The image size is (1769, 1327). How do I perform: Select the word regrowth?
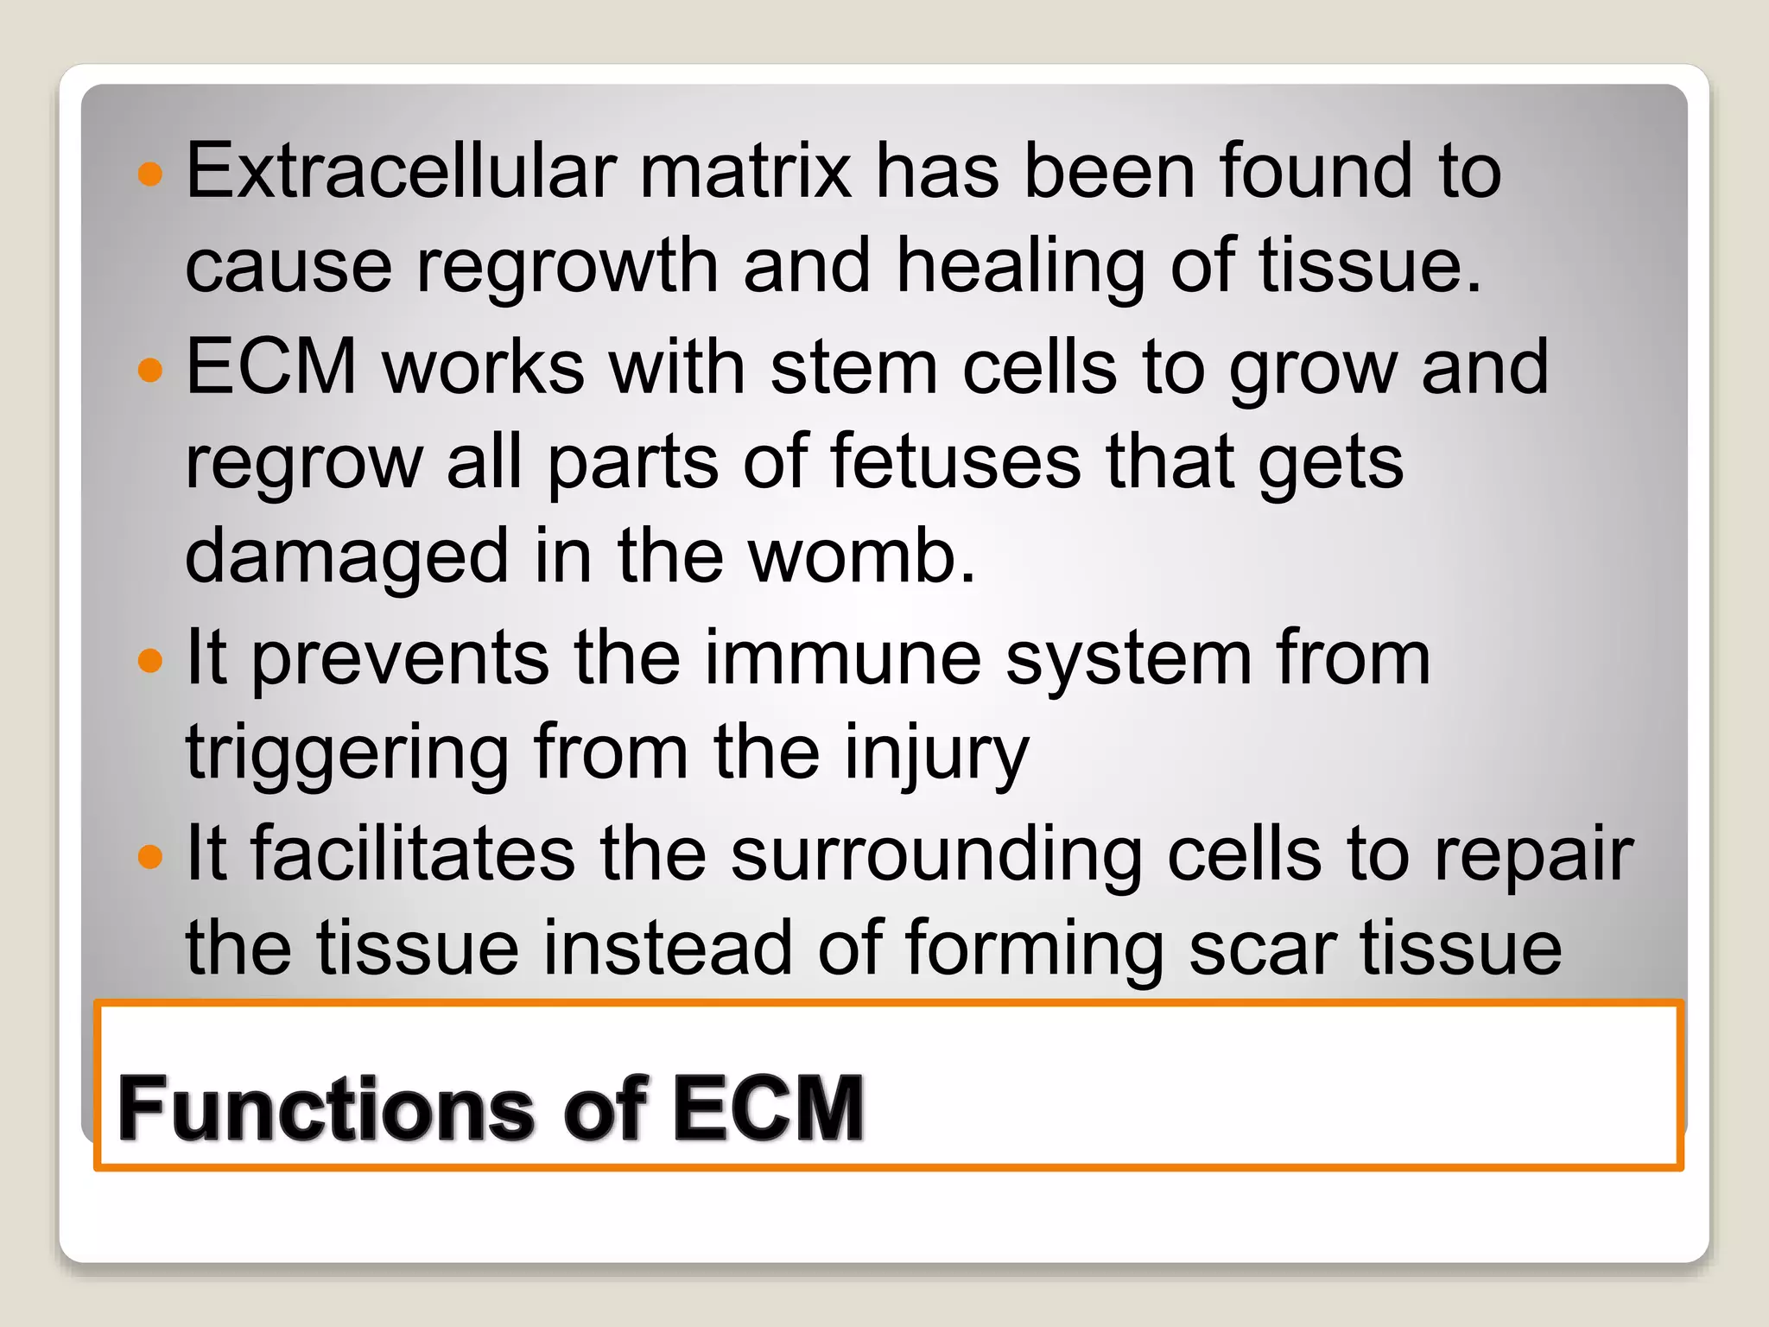coord(567,265)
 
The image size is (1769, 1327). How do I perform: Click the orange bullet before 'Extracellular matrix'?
coord(150,174)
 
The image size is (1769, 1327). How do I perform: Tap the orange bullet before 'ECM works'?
coord(150,370)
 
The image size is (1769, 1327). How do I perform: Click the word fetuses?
coord(955,462)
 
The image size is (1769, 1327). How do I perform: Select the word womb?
coord(861,556)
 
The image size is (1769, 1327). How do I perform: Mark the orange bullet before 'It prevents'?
coord(150,661)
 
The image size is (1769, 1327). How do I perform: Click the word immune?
coord(843,658)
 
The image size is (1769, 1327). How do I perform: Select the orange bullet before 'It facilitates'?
coord(150,857)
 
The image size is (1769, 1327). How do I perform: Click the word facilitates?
coord(414,854)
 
